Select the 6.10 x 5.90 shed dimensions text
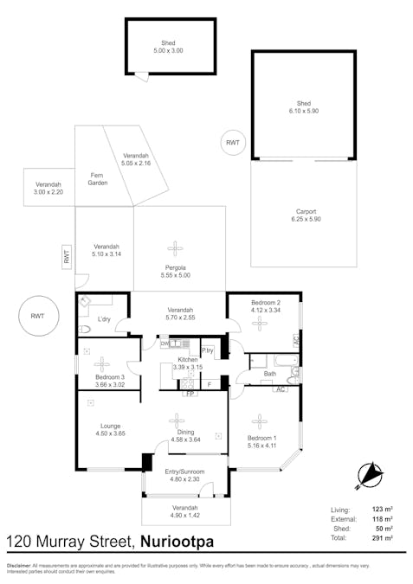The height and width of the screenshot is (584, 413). (x=303, y=112)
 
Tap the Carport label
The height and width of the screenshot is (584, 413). (x=305, y=212)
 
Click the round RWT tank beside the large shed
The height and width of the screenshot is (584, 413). (x=232, y=142)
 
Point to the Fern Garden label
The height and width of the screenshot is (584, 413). (x=98, y=179)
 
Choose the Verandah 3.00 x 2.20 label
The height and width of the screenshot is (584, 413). (x=48, y=188)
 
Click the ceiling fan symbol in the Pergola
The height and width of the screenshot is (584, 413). (x=176, y=247)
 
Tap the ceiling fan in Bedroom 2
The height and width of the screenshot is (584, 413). (x=260, y=324)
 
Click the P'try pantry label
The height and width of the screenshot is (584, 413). (x=208, y=350)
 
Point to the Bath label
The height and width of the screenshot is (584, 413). (x=269, y=375)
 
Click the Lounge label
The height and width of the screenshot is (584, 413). (x=110, y=426)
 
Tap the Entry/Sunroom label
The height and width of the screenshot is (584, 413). (x=182, y=472)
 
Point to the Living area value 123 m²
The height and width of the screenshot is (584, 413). (x=382, y=510)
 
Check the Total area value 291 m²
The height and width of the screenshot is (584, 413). (x=382, y=537)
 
